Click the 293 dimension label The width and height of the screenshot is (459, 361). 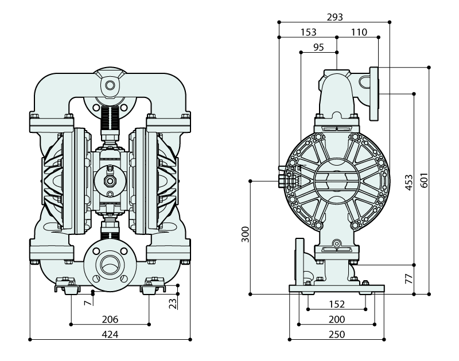coord(334,17)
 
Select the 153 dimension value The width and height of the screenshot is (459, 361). coord(308,32)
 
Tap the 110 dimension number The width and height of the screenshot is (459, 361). coord(359,32)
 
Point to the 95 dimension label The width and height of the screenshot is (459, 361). coord(319,47)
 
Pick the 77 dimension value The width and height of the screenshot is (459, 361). coord(409,280)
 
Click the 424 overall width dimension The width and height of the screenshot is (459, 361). coord(110,333)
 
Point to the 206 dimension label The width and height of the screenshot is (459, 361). coord(110,319)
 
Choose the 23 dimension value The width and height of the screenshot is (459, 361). coord(173,303)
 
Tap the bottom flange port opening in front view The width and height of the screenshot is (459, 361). coord(109,265)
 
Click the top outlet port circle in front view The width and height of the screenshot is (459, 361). coord(109,86)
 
